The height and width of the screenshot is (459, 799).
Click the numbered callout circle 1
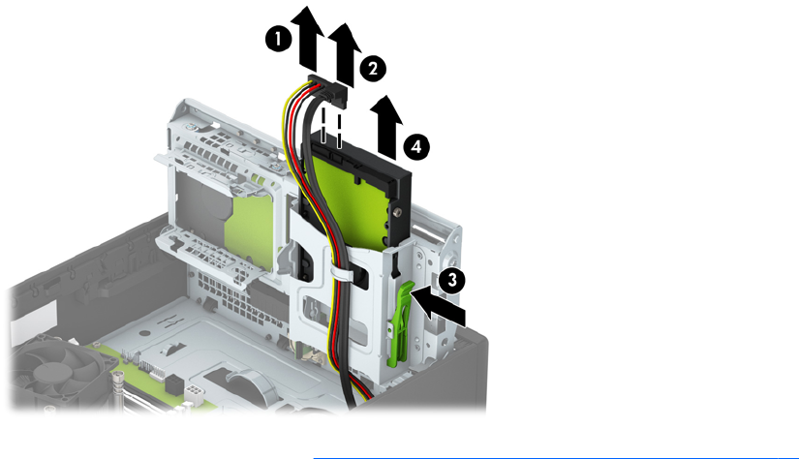pyautogui.click(x=278, y=39)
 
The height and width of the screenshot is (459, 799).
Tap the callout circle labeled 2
pyautogui.click(x=373, y=68)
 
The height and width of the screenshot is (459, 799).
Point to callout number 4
pyautogui.click(x=416, y=147)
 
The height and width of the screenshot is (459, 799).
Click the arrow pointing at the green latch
pyautogui.click(x=437, y=304)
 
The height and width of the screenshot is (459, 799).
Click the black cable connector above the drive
pyautogui.click(x=327, y=91)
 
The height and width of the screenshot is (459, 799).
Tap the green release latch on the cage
pyautogui.click(x=398, y=324)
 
